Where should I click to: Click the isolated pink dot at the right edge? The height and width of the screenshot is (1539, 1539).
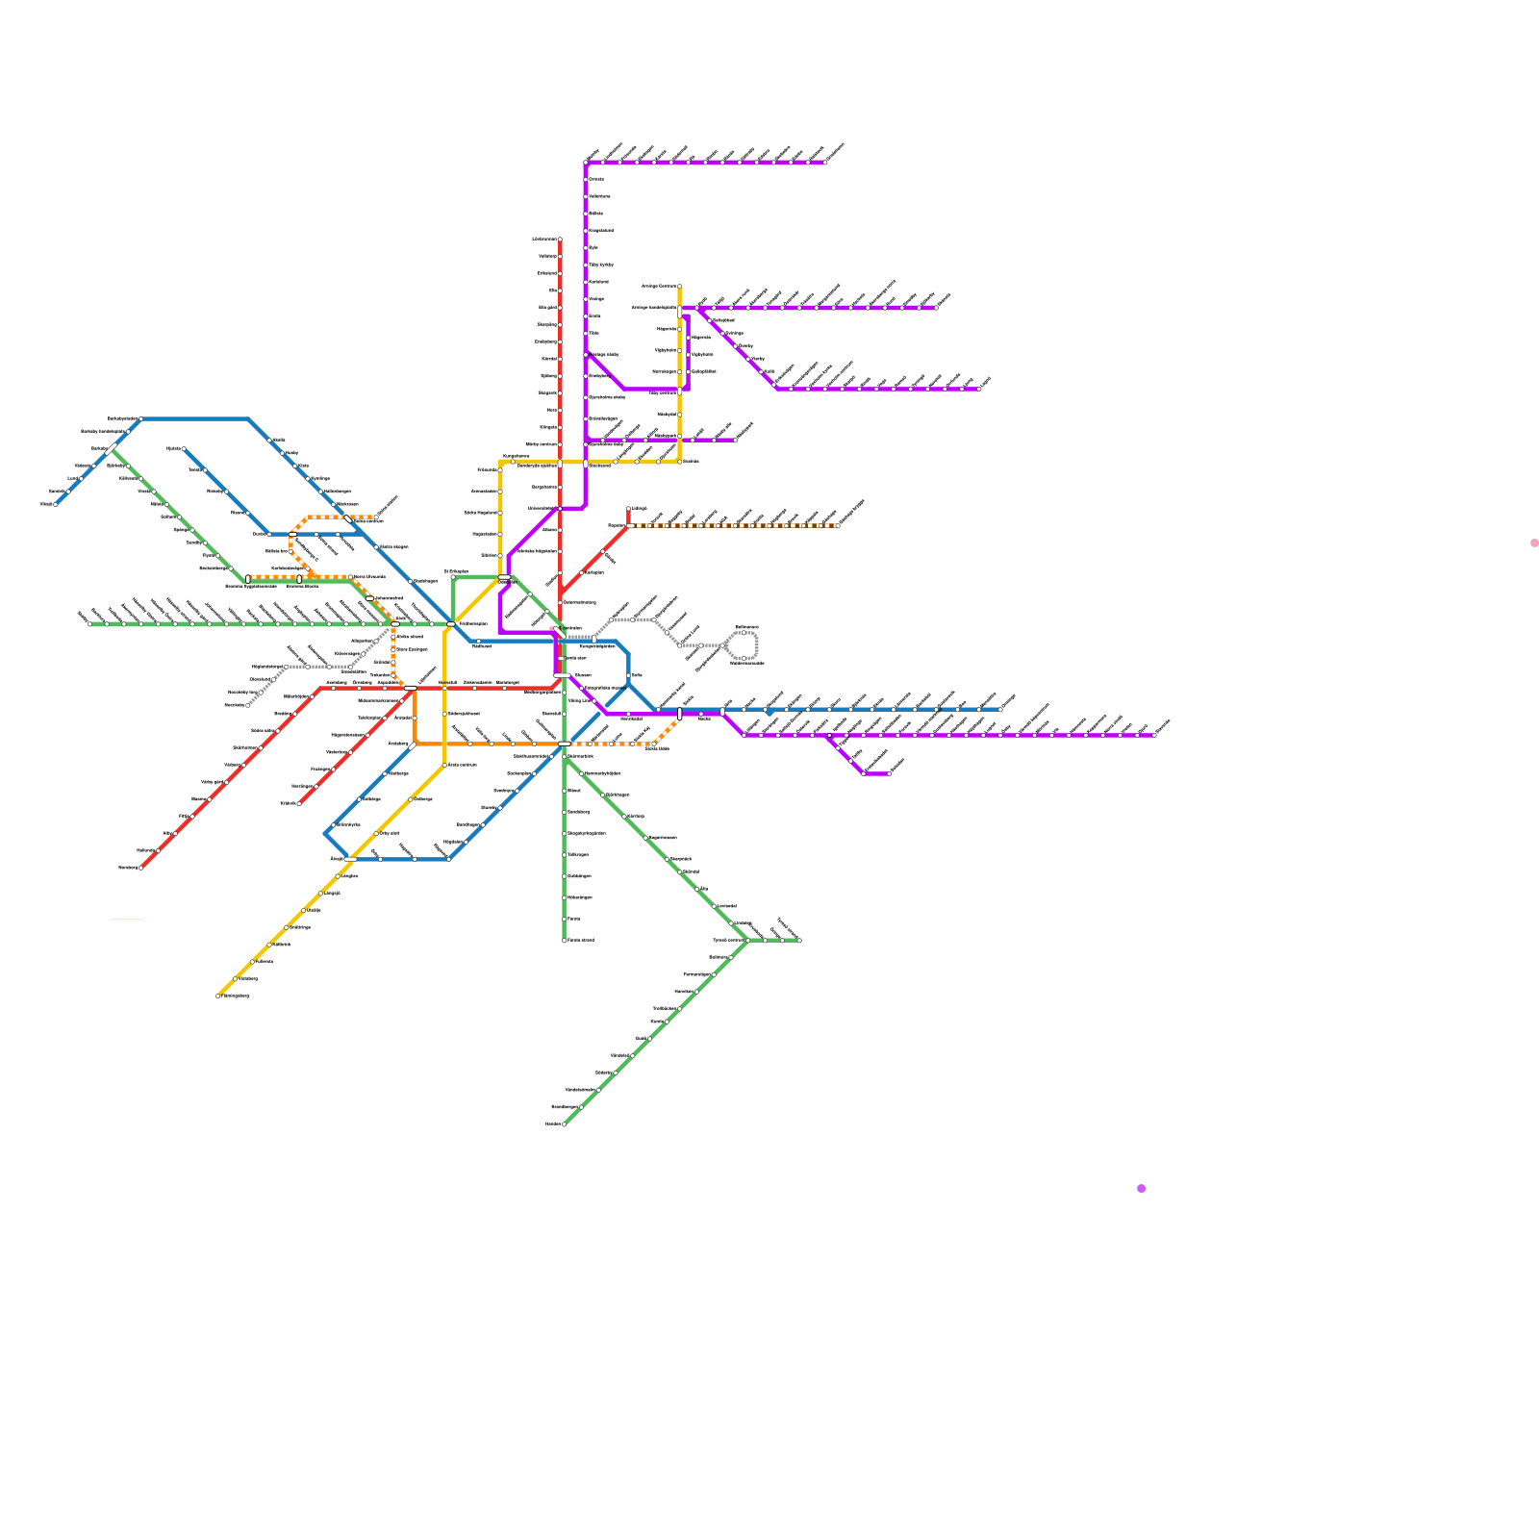[1534, 543]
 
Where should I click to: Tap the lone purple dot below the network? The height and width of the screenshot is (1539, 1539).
[1142, 1189]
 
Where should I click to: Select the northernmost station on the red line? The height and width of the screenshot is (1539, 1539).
[560, 240]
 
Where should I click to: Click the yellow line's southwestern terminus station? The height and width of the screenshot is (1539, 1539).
[218, 996]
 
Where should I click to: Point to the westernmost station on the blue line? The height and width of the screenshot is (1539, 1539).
[56, 504]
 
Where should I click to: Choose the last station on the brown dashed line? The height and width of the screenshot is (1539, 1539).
[839, 525]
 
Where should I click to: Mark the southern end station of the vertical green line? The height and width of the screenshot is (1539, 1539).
[565, 941]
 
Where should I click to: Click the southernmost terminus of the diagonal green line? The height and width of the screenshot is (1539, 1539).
[564, 1123]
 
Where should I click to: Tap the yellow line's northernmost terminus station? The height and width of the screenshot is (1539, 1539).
[680, 286]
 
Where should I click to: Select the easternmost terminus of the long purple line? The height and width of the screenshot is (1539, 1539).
[1154, 735]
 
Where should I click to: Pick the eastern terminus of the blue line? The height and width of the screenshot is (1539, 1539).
[1000, 710]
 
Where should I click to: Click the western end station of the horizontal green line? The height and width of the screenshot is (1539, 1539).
[89, 623]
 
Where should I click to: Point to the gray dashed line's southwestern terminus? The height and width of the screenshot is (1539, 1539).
[248, 705]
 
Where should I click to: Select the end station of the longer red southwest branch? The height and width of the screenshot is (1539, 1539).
[141, 868]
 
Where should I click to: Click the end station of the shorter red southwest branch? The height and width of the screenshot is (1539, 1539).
[299, 803]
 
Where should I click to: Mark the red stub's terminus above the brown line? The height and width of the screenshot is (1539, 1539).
[629, 509]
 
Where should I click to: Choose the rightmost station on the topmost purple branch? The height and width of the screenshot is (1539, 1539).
[825, 163]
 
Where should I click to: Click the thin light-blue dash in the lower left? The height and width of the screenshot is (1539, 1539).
[126, 920]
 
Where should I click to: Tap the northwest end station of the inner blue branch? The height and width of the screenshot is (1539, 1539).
[184, 448]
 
